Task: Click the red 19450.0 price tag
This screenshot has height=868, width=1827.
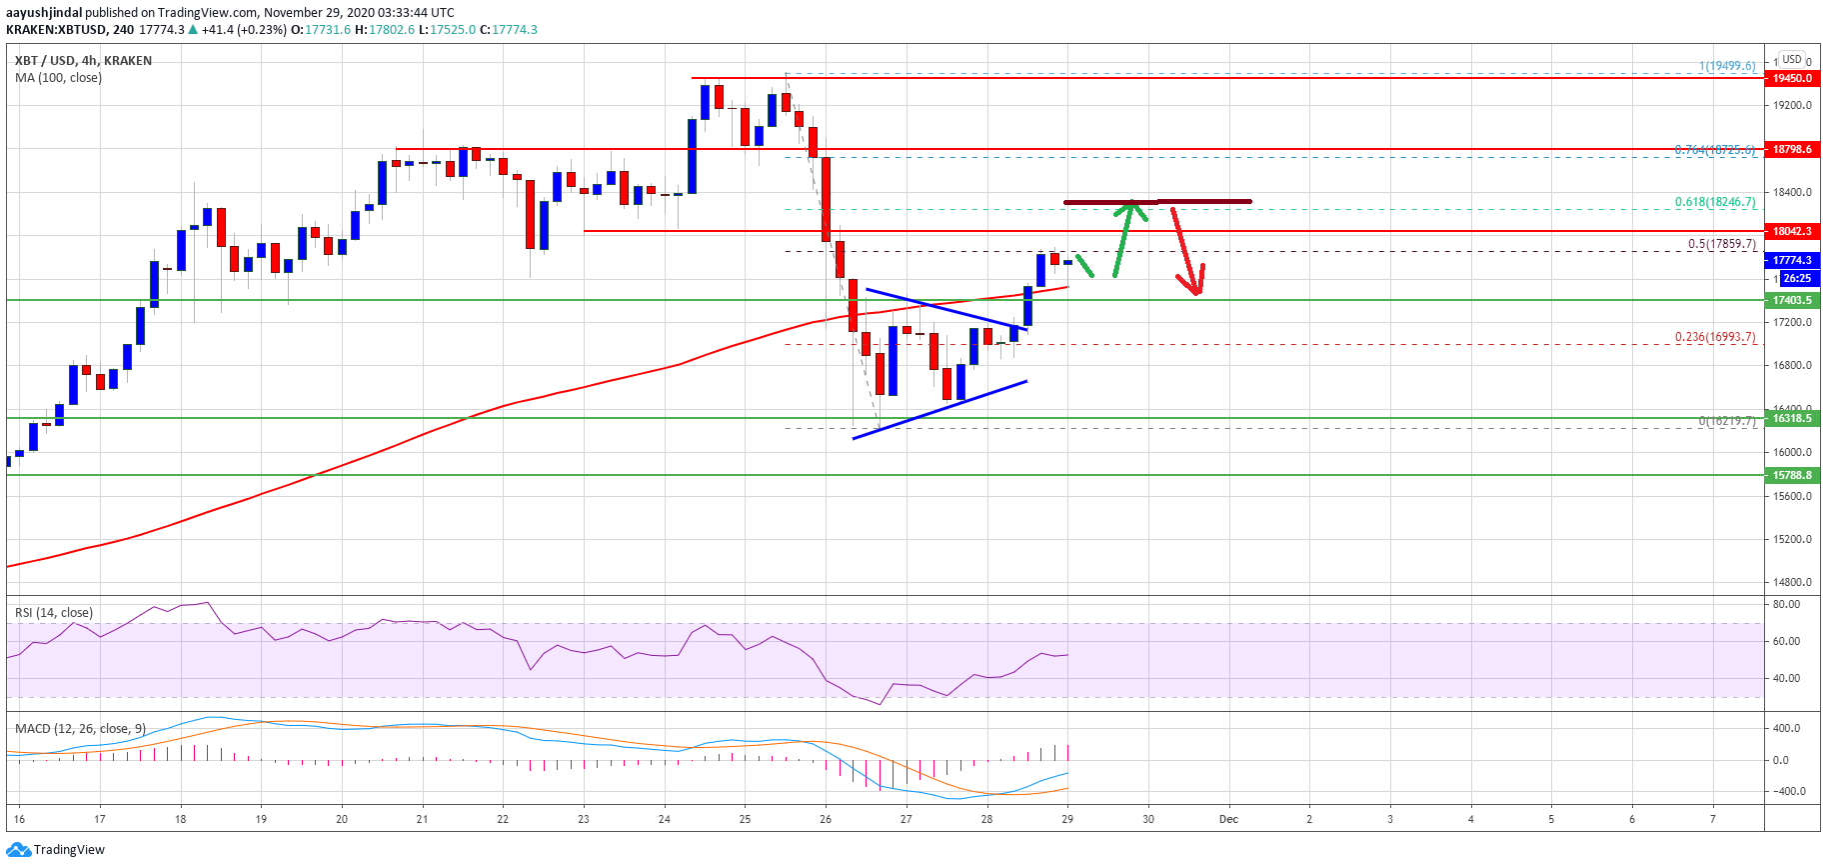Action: tap(1792, 78)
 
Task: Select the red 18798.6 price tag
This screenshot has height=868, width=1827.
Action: tap(1792, 149)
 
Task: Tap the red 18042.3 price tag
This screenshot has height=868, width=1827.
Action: tap(1792, 231)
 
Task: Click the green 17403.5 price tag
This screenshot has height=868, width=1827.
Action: tap(1792, 300)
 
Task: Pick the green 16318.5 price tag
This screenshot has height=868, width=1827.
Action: tap(1792, 418)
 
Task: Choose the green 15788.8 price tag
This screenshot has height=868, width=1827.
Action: tap(1792, 475)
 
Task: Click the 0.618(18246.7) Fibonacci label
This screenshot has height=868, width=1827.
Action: tap(1715, 202)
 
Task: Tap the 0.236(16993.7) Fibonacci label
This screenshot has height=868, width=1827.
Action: tap(1715, 337)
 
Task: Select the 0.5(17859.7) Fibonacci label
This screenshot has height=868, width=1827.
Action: tap(1721, 244)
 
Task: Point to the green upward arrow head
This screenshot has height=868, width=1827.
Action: tap(1131, 207)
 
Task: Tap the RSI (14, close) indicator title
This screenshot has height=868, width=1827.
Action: tap(54, 613)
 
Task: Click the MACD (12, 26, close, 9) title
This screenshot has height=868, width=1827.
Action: tap(80, 729)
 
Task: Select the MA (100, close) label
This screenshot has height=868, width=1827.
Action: tap(58, 78)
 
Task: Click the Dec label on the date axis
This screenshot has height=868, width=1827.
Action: tap(1228, 819)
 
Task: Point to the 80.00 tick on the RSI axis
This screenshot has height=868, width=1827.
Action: tap(1786, 604)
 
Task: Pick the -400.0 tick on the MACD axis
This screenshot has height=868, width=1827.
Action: tap(1786, 791)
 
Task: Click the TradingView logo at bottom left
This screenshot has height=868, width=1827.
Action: tap(56, 850)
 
